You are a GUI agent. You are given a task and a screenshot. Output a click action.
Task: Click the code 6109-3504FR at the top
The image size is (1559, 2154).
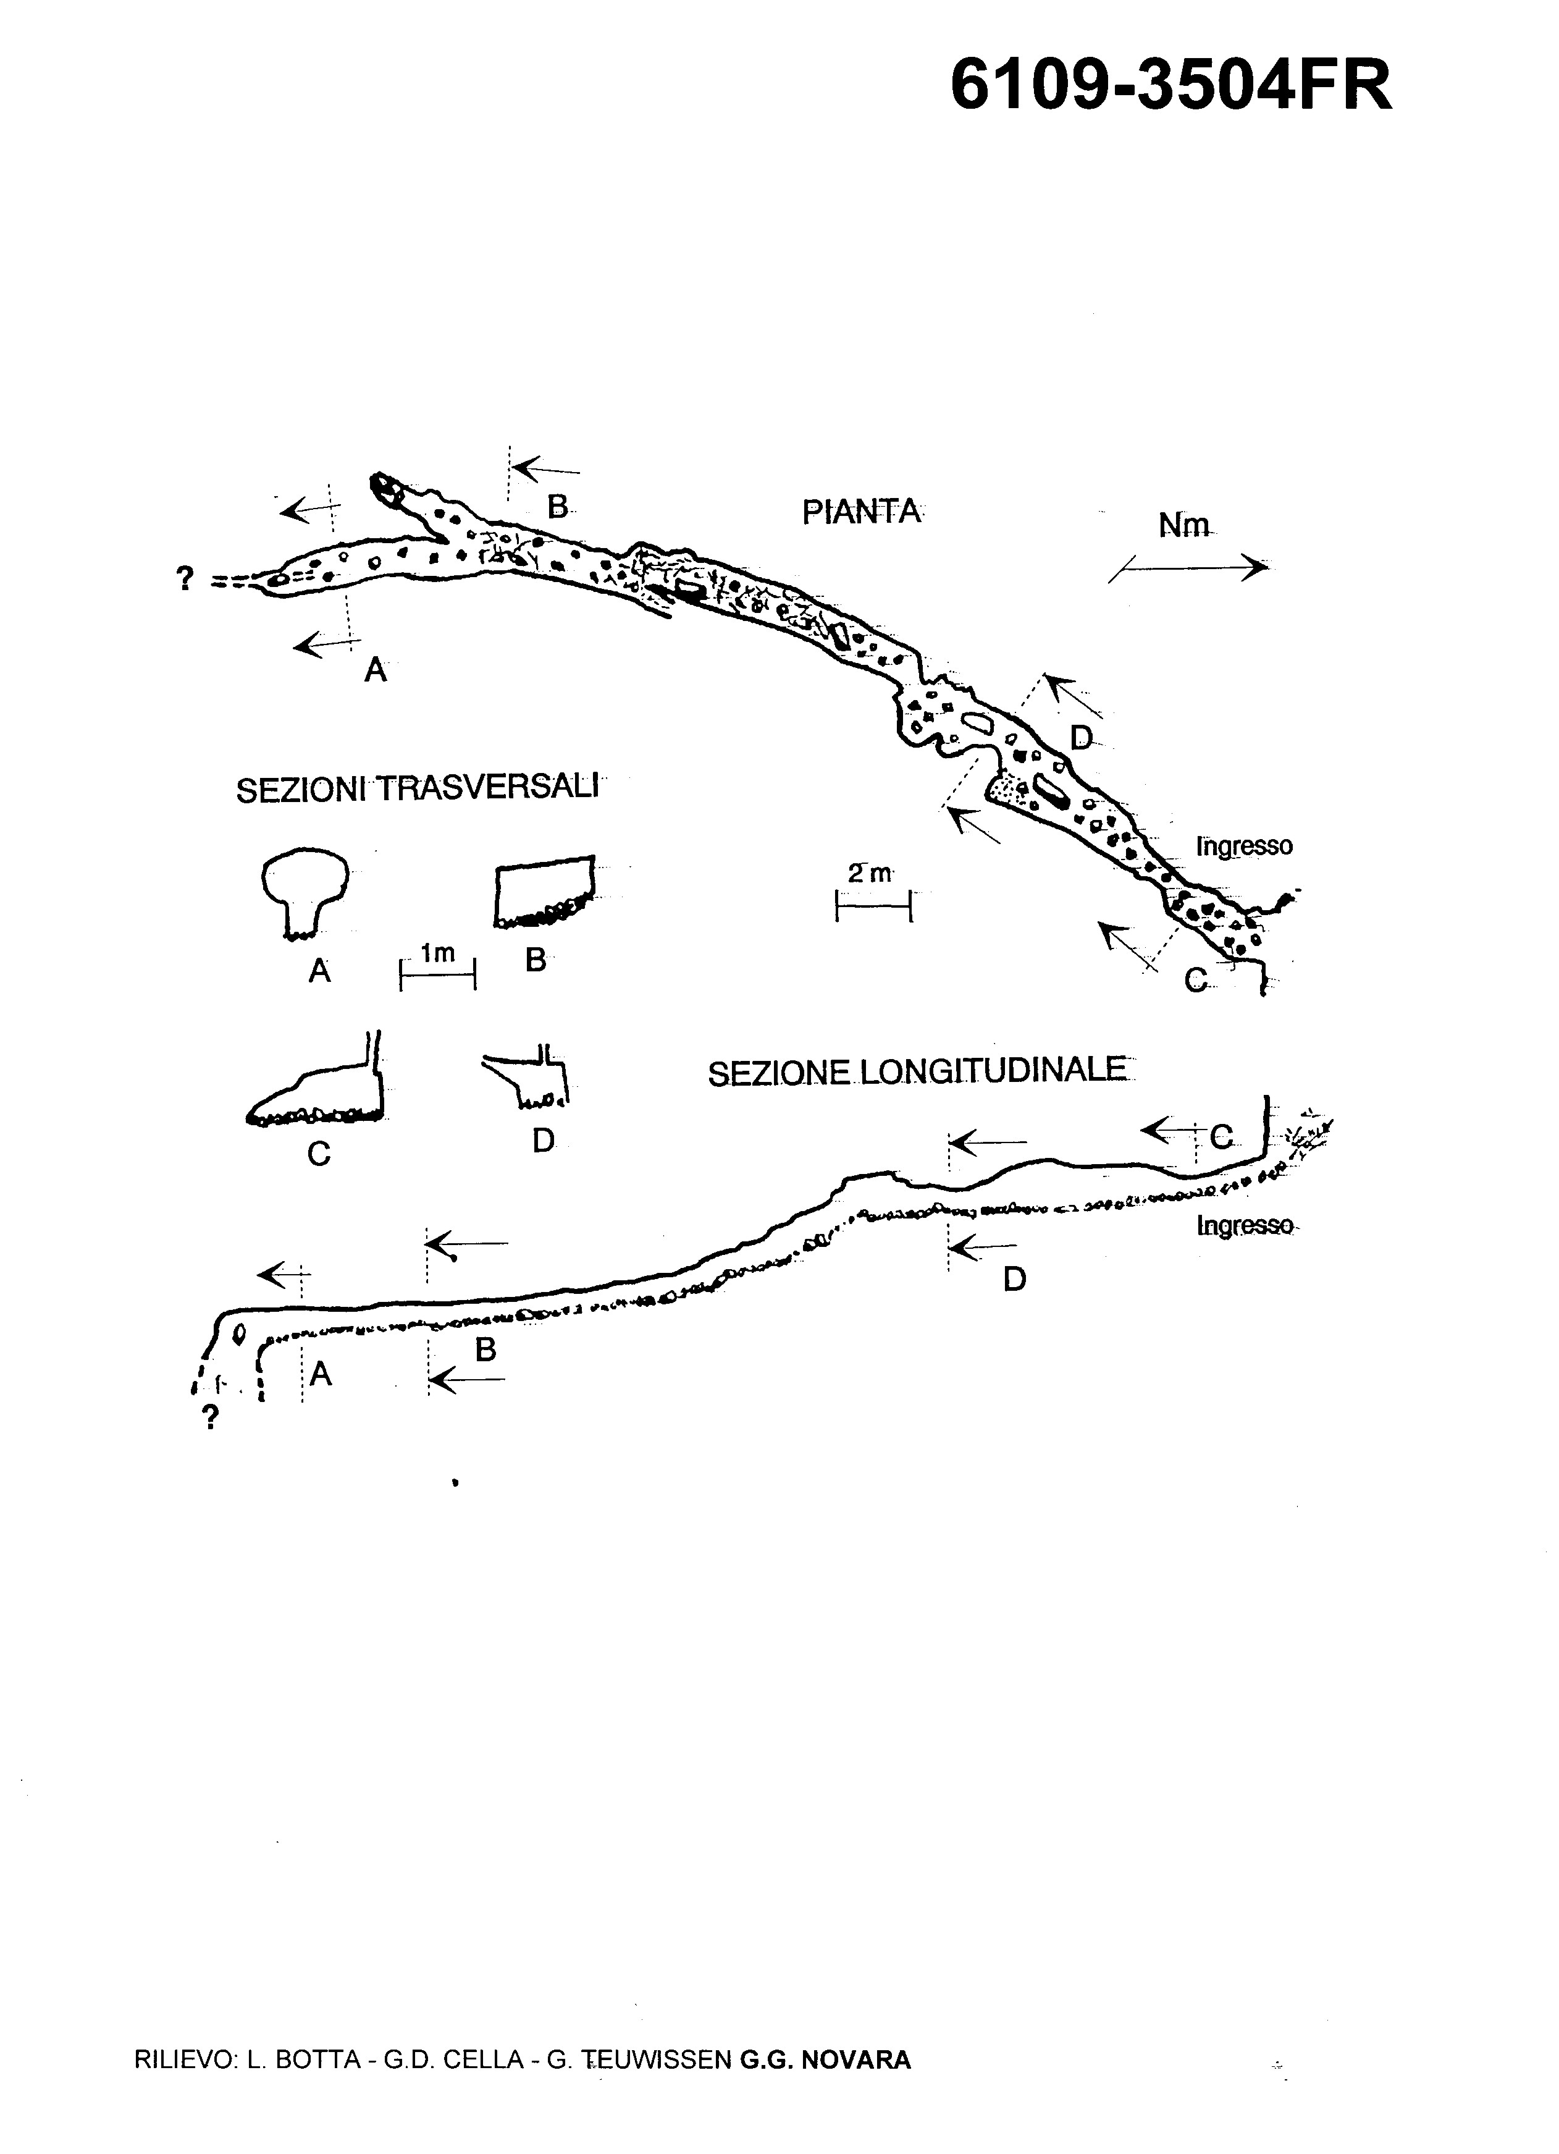coord(1170,85)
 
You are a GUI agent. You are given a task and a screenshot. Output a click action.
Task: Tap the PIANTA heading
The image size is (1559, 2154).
coord(861,512)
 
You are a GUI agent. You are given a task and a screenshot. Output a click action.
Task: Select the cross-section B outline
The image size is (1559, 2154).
coord(545,891)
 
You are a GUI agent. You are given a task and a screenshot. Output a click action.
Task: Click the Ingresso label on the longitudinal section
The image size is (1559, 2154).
coord(1245,1226)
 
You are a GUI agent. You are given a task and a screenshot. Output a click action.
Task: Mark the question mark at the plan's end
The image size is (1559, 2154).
coord(186,578)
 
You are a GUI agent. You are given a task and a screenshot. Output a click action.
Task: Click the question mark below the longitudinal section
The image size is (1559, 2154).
coord(211,1419)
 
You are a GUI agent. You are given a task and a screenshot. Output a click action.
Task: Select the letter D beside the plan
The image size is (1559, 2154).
coord(1082,737)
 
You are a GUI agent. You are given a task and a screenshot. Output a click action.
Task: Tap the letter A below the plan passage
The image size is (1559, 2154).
coord(376,672)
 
